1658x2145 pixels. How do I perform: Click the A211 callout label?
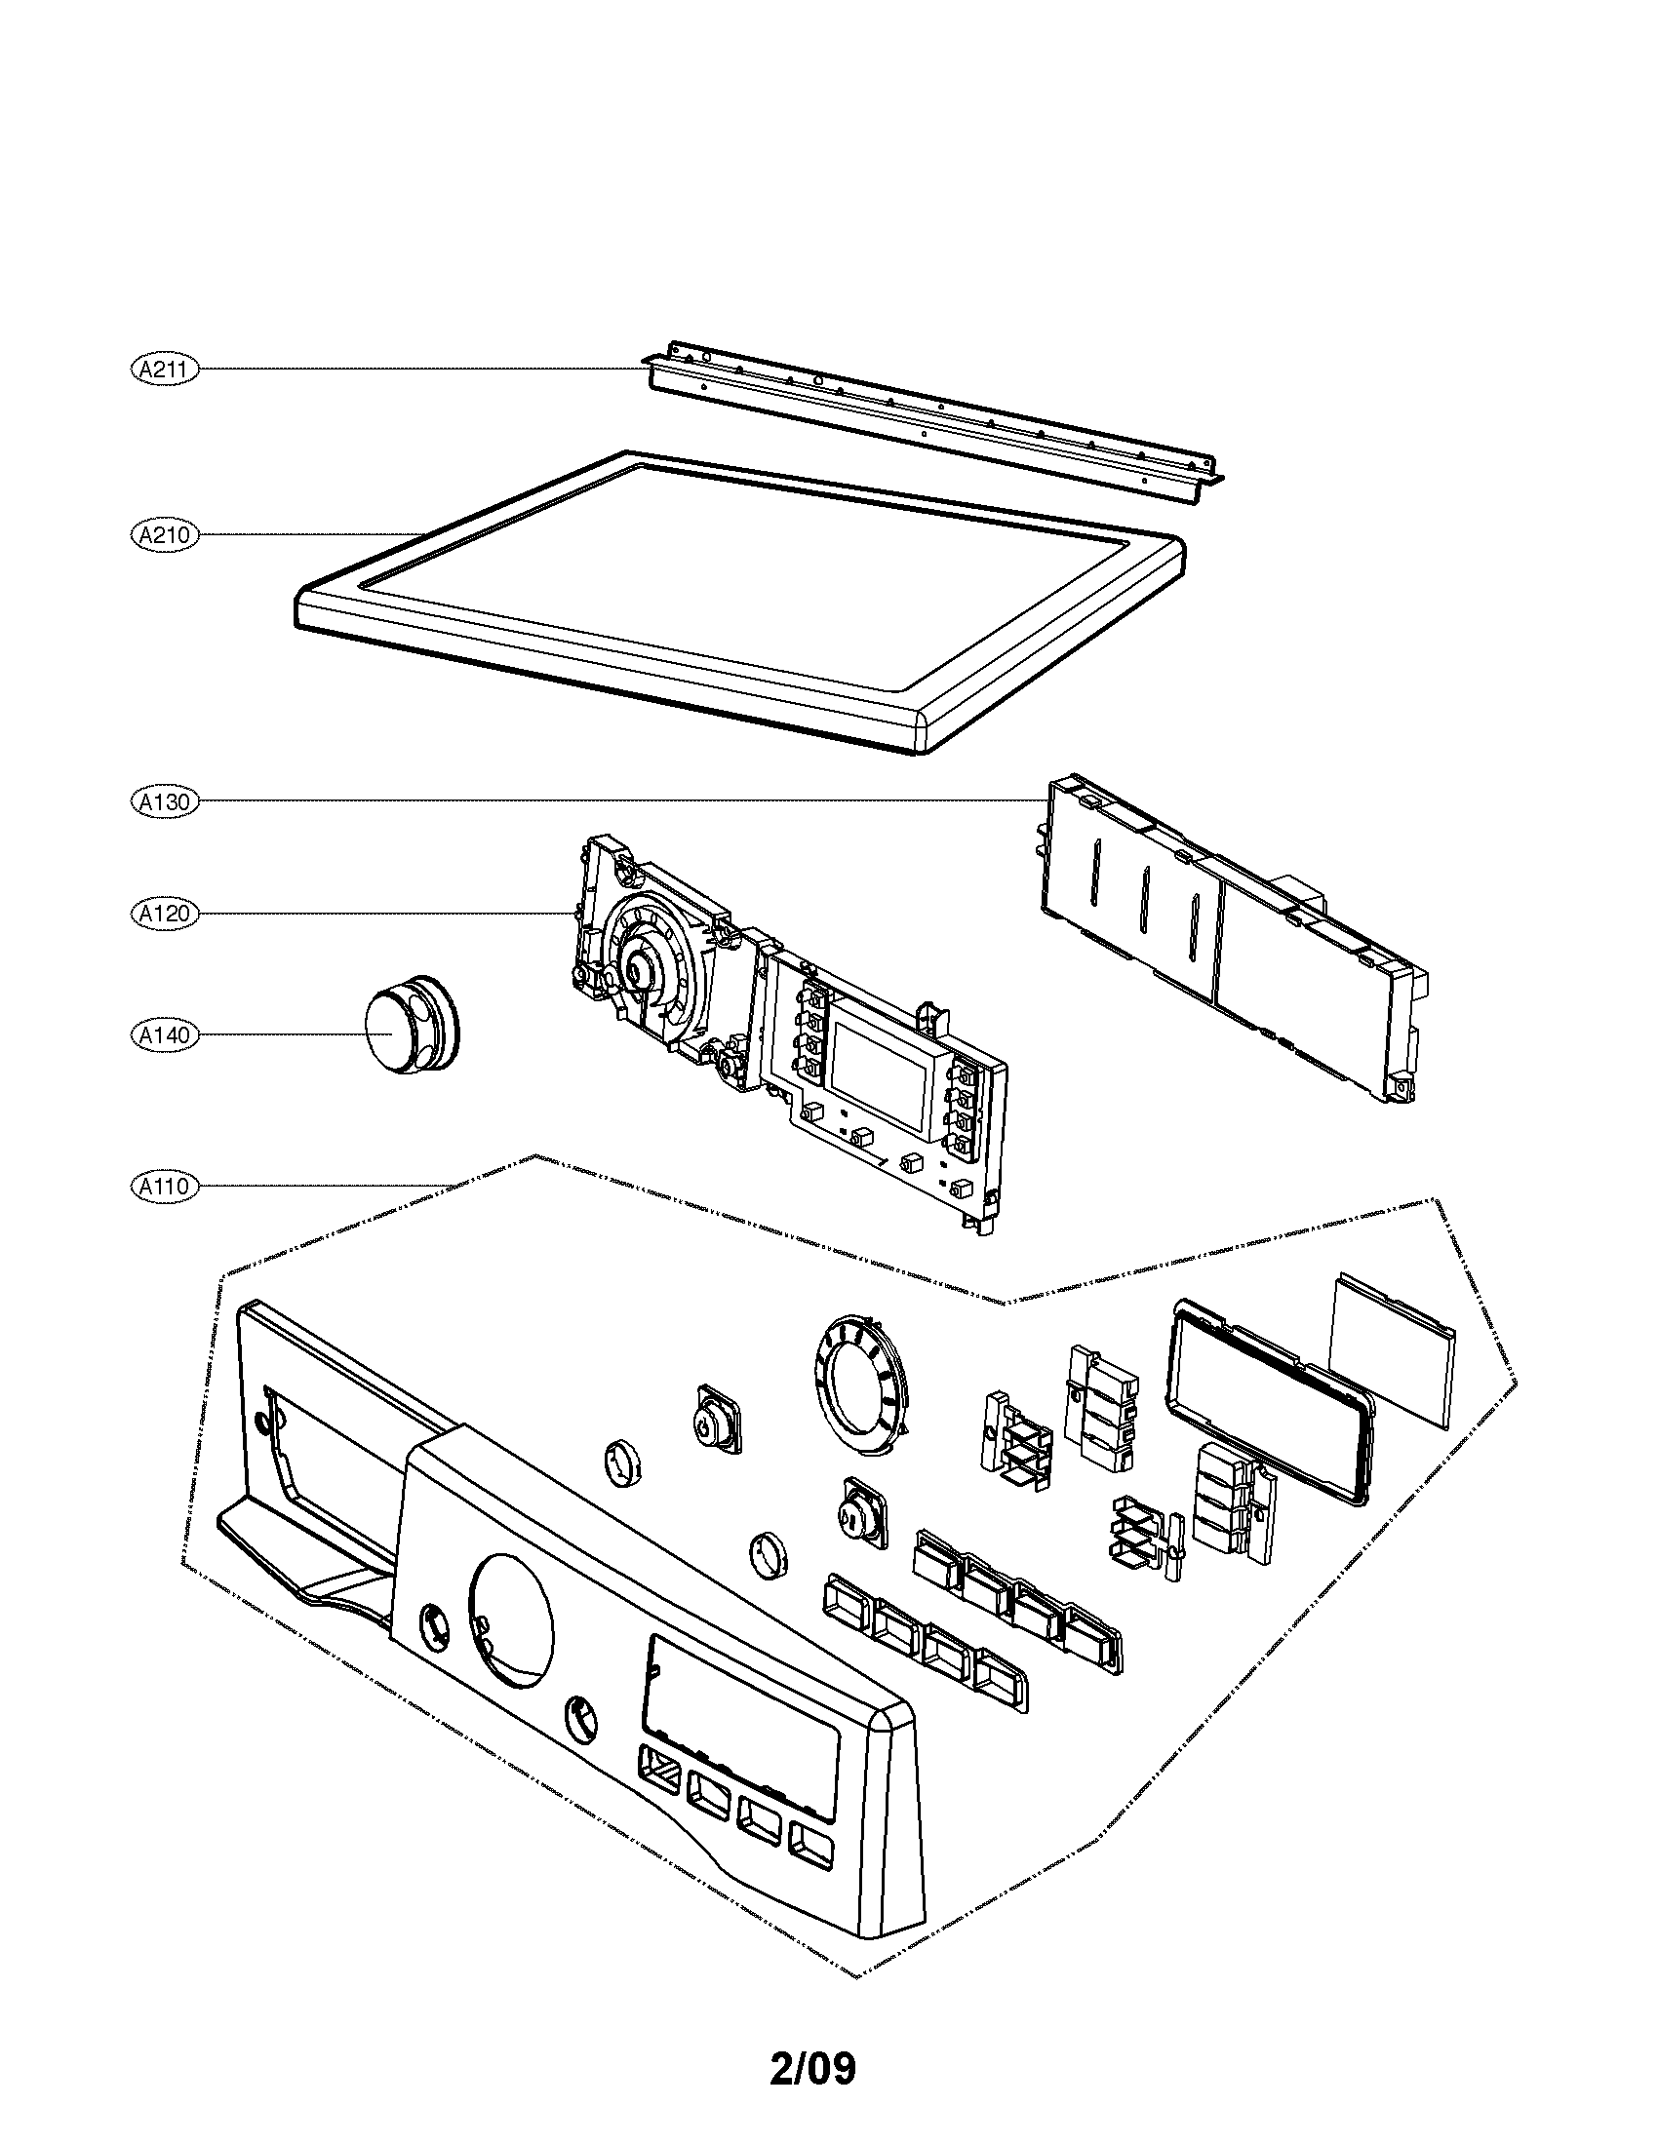[164, 370]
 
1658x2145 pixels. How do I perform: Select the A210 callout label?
[164, 535]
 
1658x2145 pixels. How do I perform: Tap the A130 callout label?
[164, 801]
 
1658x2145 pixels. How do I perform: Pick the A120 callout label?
[164, 914]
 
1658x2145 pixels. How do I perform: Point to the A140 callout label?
[164, 1034]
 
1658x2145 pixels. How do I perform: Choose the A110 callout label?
[164, 1187]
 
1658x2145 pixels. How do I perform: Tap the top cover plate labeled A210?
[736, 599]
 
